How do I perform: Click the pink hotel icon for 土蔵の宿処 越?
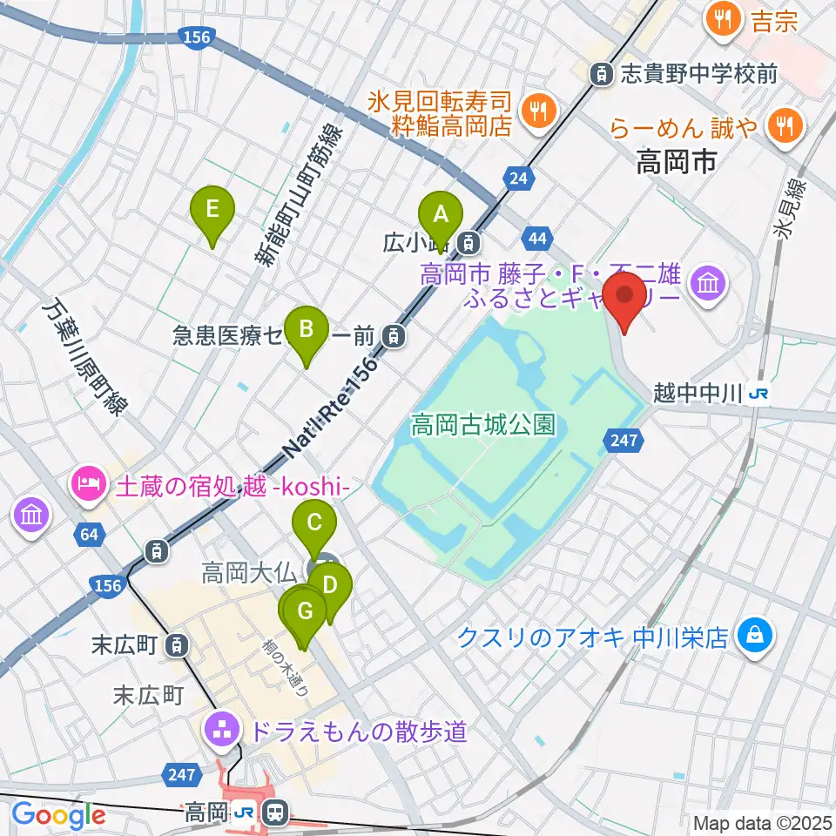[x=90, y=482]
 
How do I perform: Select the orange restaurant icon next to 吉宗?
[x=725, y=20]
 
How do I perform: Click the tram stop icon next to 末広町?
[x=178, y=645]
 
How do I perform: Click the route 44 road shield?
[x=537, y=238]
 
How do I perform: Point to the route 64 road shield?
[x=89, y=534]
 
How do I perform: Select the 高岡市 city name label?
[x=676, y=160]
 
